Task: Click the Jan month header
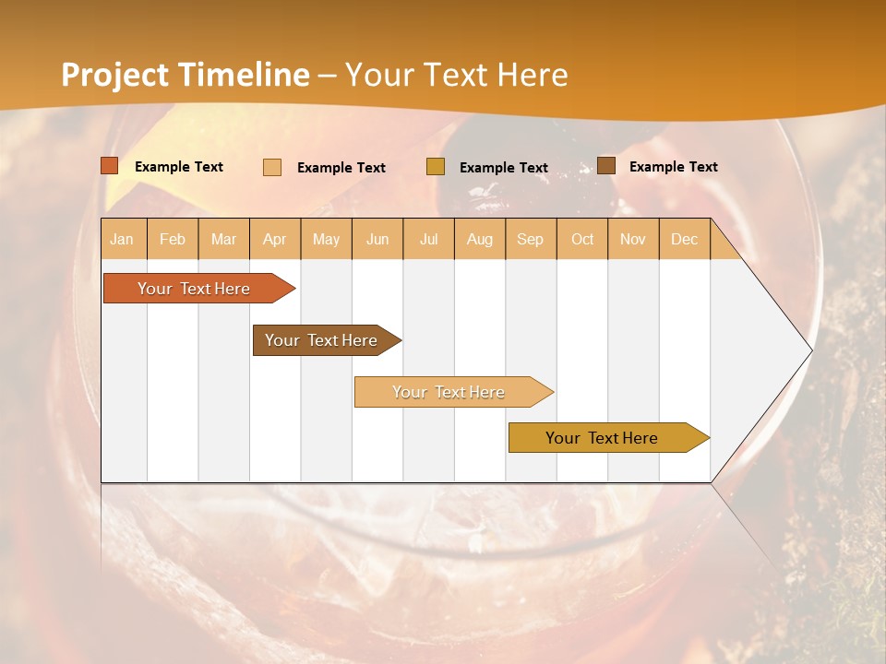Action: (122, 239)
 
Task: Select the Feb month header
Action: (173, 239)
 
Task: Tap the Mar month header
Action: (223, 239)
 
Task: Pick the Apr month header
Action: (275, 239)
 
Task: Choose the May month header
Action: (326, 239)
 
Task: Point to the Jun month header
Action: (377, 239)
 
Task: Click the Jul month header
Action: (428, 239)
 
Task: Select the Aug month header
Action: (480, 239)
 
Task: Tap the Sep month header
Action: (531, 239)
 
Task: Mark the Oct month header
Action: (582, 239)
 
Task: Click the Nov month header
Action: (633, 239)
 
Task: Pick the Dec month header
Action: (685, 239)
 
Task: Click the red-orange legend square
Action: (110, 166)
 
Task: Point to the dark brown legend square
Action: (606, 166)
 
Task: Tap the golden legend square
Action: (436, 167)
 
